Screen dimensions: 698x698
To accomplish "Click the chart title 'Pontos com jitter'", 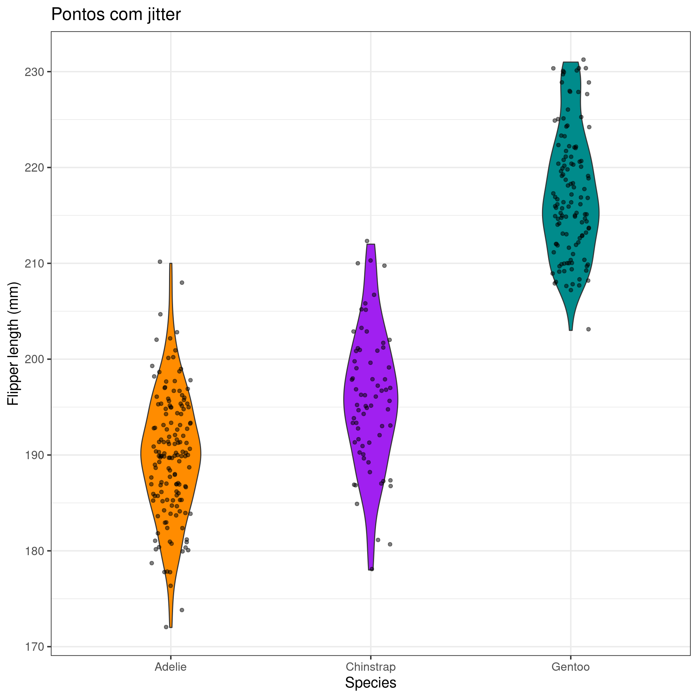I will tap(116, 15).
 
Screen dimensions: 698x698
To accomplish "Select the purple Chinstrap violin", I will tap(370, 400).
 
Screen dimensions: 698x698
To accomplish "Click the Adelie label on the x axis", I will tap(171, 667).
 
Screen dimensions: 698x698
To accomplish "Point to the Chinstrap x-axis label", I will tap(370, 667).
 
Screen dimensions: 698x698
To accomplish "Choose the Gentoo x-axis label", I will tap(570, 667).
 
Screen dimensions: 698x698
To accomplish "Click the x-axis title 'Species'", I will tap(370, 683).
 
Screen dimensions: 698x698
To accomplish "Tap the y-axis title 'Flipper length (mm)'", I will tap(13, 344).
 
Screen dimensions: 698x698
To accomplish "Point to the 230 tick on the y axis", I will tap(34, 72).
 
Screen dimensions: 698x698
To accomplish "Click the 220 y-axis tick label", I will tap(34, 168).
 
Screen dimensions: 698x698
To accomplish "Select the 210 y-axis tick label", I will tap(34, 264).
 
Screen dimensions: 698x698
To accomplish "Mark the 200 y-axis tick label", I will tap(34, 359).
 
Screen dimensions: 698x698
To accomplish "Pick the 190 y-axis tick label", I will tap(34, 455).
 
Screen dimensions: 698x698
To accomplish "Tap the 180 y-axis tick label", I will tap(34, 551).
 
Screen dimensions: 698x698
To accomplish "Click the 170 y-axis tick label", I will tap(34, 647).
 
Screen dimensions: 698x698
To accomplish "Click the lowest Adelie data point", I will tap(166, 627).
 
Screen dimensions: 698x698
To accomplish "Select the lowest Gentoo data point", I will tap(588, 329).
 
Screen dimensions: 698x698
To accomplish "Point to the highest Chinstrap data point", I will tap(367, 241).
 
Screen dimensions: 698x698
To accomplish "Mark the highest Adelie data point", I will tap(160, 262).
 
